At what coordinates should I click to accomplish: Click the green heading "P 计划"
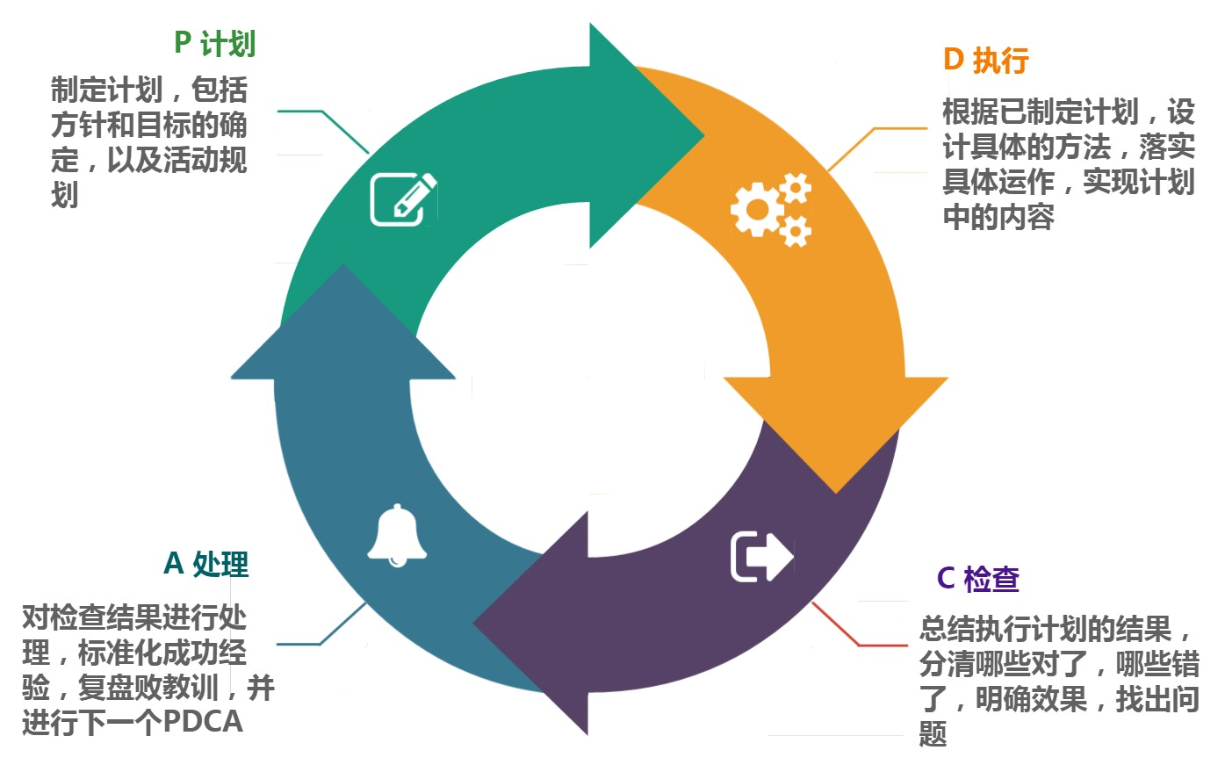click(214, 44)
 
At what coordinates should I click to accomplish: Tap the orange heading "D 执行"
click(985, 61)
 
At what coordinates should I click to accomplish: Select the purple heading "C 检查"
click(977, 579)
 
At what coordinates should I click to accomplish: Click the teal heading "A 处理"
click(206, 564)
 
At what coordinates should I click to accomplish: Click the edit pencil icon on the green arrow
click(403, 199)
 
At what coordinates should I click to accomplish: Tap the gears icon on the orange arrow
click(771, 209)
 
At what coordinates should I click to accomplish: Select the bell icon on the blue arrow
click(397, 535)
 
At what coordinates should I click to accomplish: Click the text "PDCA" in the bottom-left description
click(203, 722)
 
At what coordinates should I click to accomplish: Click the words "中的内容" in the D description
click(998, 217)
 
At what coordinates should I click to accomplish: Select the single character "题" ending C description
click(933, 733)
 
